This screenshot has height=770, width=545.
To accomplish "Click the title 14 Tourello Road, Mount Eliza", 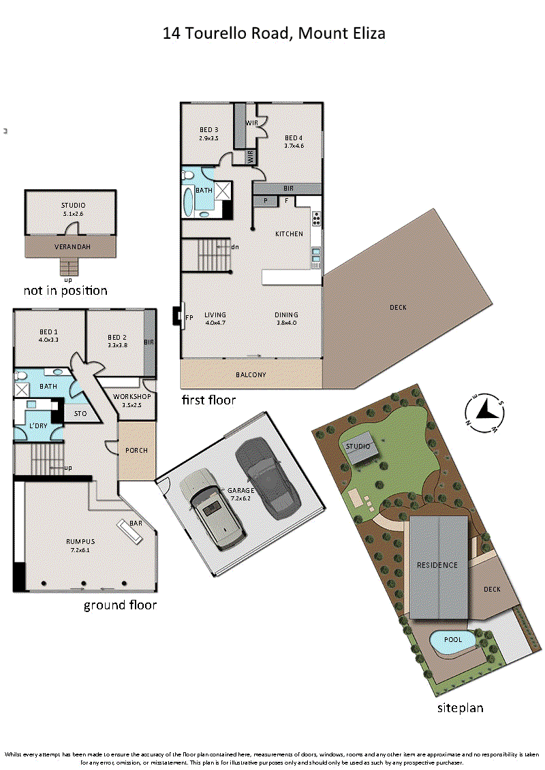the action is click(274, 33).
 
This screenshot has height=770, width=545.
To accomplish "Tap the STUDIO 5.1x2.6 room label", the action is click(73, 209).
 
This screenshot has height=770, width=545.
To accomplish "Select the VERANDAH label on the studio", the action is click(72, 246).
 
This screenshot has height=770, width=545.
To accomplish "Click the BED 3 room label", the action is click(209, 129).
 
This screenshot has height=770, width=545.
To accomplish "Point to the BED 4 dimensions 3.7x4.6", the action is click(294, 146).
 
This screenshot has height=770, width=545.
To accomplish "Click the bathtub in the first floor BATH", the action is click(188, 201).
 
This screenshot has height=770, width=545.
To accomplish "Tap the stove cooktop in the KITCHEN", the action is click(316, 219).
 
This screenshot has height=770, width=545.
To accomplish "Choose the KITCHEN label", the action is click(289, 234).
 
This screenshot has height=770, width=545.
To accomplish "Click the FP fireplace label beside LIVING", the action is click(189, 317).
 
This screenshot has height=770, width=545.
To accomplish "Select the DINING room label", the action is click(287, 315).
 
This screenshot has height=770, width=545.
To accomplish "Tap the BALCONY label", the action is click(251, 374).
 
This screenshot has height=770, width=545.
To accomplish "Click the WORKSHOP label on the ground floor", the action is click(131, 396).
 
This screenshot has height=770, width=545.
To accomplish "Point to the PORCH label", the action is click(137, 450).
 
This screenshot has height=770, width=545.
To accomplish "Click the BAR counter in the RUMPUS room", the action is click(129, 532).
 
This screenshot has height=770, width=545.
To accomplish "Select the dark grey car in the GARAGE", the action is click(267, 478).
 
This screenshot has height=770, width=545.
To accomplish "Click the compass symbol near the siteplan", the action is click(484, 413).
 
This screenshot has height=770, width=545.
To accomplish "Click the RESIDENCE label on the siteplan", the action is click(437, 565).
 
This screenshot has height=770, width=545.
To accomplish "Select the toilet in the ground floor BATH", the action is click(20, 376).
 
